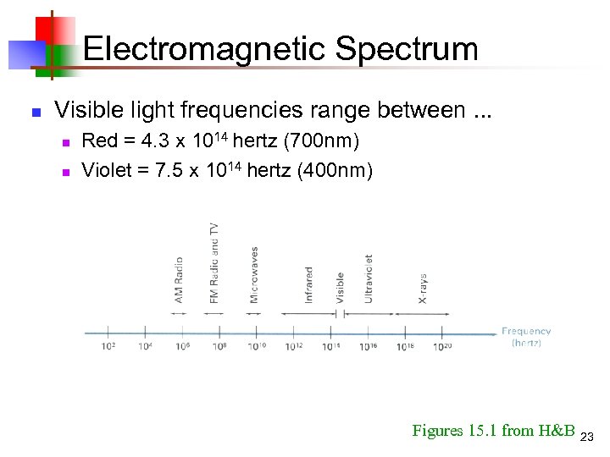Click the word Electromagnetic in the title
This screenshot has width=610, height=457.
pos(204,48)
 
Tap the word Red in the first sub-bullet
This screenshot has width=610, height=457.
pos(99,140)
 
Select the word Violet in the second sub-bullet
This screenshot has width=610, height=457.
pos(107,170)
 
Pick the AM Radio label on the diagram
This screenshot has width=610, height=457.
pos(179,279)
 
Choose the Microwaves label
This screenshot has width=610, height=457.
pos(254,274)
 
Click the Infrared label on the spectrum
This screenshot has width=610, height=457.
pos(309,285)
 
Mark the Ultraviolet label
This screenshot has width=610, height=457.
pos(369,278)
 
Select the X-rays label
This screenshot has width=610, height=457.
pos(423,289)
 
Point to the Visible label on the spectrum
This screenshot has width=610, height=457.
pos(340,288)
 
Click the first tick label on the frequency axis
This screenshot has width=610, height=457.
pos(108,345)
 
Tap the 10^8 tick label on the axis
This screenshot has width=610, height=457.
pos(219,345)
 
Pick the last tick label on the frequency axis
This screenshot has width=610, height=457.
pos(442,345)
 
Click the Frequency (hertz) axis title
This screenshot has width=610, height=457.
pos(526,337)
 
